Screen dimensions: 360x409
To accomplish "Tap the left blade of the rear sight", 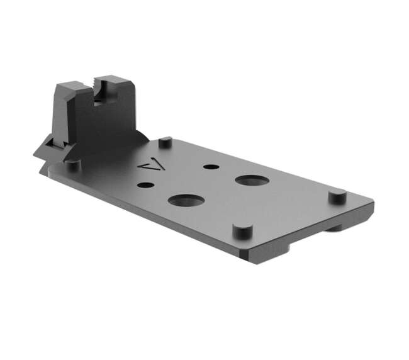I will (x=71, y=94).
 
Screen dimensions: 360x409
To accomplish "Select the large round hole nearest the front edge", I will (x=186, y=201).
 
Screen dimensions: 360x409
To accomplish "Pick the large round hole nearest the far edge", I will (x=252, y=180).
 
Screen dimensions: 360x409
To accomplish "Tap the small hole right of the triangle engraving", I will (x=210, y=167).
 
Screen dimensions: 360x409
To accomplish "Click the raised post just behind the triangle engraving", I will (x=165, y=142).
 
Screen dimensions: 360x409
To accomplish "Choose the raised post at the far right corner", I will (x=337, y=196).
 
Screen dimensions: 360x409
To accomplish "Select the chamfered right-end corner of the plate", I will (x=370, y=208).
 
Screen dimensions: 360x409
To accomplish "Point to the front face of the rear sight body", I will (x=94, y=126).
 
